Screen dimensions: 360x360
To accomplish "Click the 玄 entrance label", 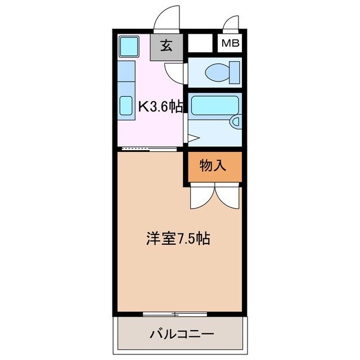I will pos(166,47).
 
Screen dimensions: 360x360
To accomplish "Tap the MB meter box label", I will pos(229,43).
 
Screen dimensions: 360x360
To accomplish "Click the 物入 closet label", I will pos(213,165).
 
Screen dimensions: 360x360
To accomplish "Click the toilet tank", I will pos(233,72).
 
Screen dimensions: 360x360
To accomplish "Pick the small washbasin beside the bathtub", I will pos(236,121).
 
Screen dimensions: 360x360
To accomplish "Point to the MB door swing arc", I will pos(231,23).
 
